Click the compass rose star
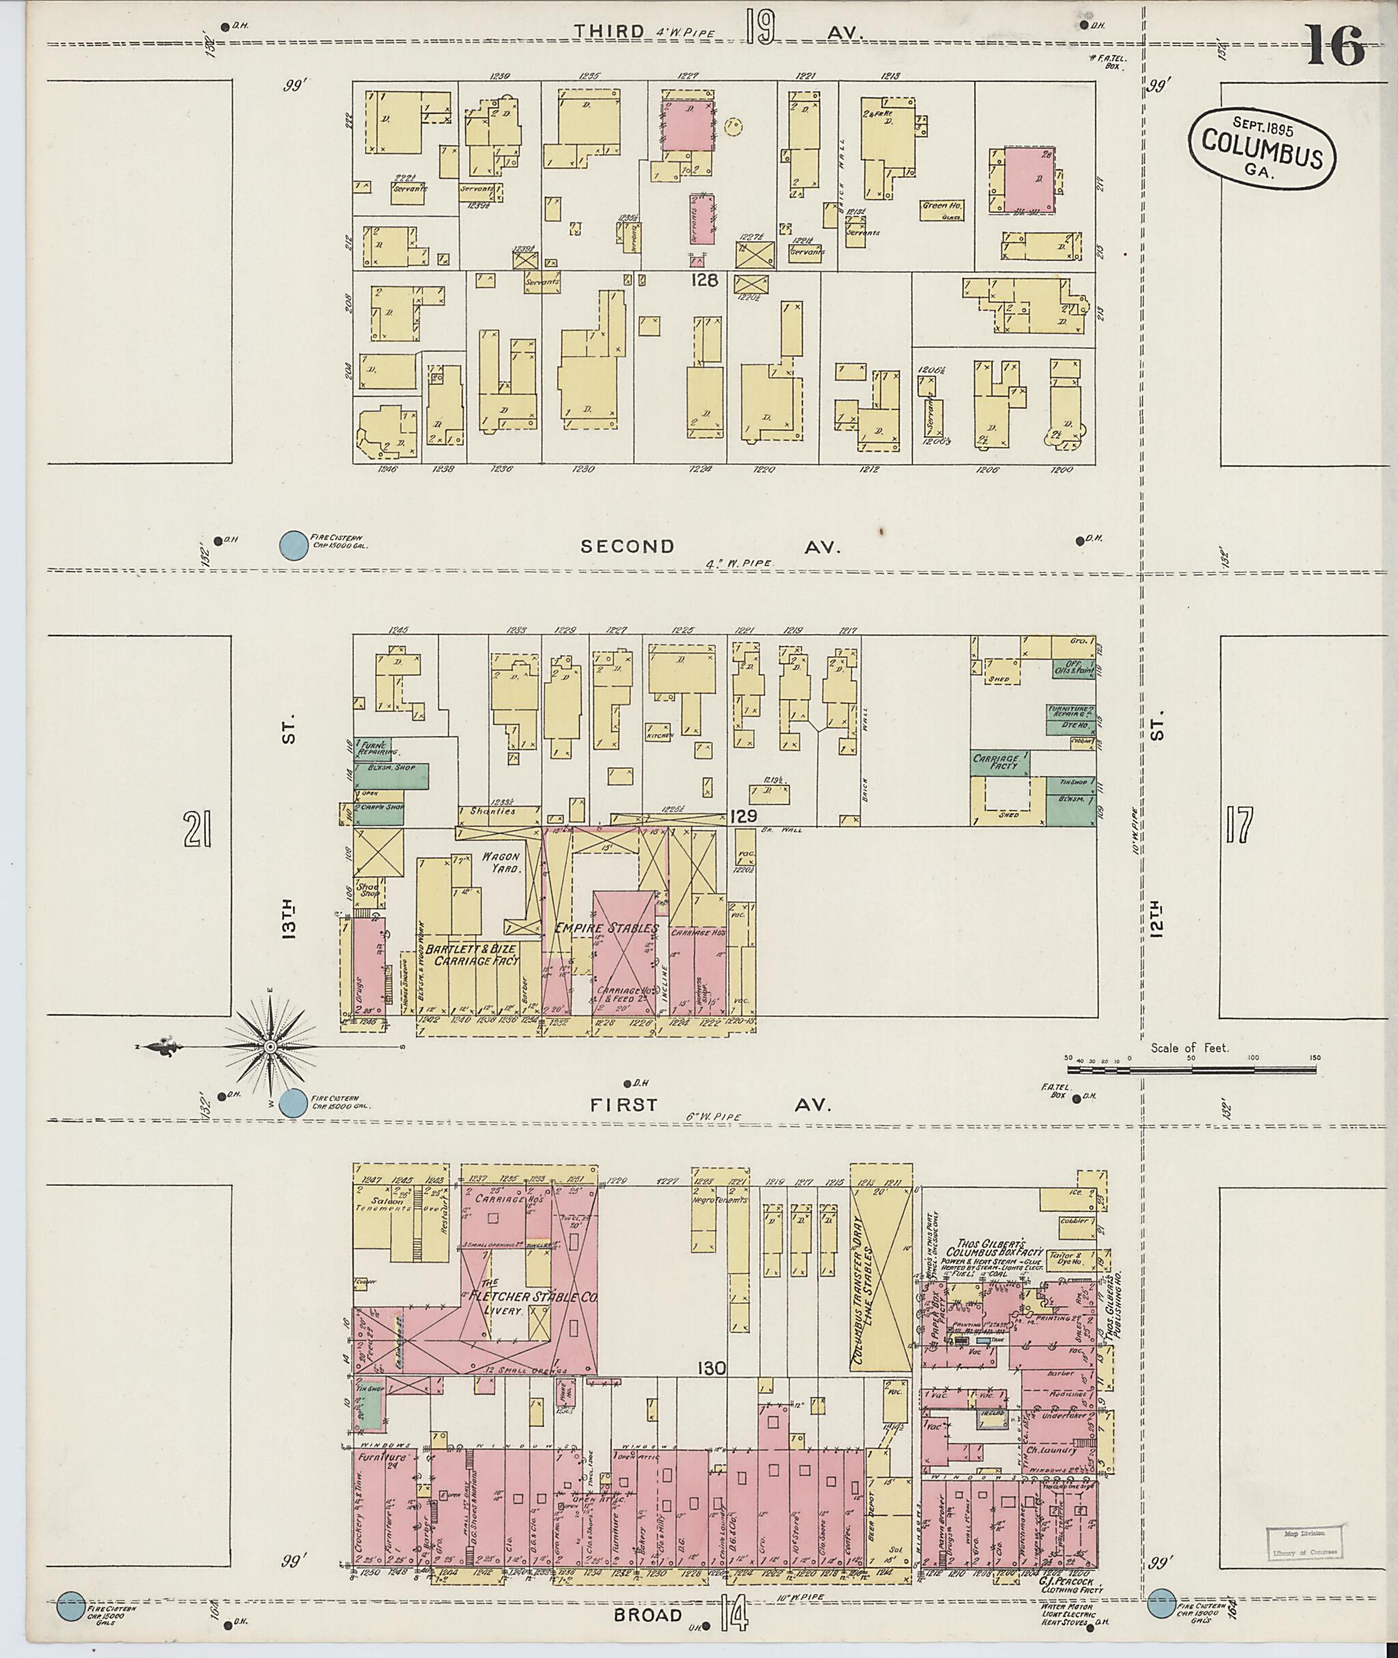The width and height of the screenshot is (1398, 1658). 270,1048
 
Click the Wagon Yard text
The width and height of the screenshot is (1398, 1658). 502,862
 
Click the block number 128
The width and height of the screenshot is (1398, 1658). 704,280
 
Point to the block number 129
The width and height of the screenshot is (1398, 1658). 744,816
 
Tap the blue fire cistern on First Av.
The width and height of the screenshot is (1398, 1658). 294,1104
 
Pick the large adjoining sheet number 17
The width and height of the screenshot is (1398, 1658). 1239,826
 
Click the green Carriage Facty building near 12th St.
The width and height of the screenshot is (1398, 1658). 1000,763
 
